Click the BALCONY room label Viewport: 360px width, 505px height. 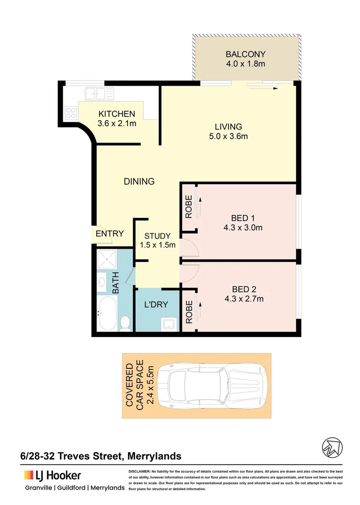(245, 53)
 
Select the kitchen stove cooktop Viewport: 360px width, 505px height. (71, 112)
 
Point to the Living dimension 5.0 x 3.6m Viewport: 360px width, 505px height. (228, 137)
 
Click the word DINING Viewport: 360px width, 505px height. (139, 181)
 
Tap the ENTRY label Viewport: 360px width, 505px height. (109, 234)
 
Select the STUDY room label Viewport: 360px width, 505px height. (157, 236)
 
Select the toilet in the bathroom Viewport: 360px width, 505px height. (125, 323)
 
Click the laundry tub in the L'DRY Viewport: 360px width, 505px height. (167, 323)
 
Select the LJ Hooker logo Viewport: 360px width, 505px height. (52, 476)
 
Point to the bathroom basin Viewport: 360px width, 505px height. (103, 282)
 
